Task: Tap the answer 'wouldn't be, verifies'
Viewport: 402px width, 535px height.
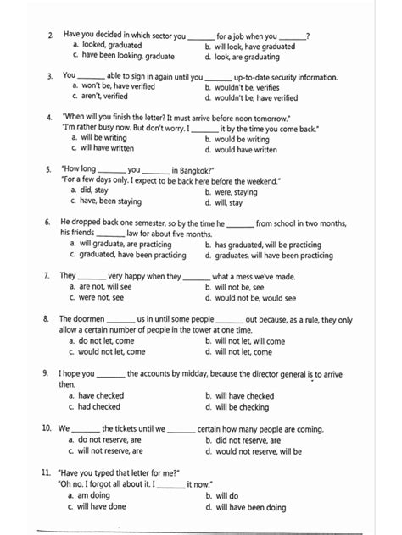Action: point(252,86)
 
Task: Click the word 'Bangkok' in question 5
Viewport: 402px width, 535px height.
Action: point(196,170)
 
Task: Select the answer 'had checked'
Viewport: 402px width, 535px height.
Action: point(99,406)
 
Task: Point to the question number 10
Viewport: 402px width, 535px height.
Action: point(51,428)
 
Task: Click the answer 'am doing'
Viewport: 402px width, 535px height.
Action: point(94,495)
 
